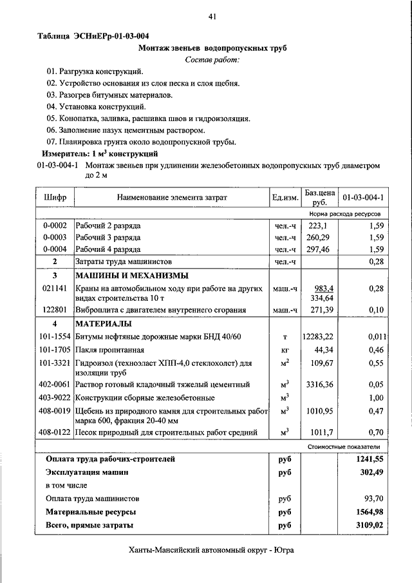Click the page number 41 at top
[212, 17]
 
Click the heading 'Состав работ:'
[212, 60]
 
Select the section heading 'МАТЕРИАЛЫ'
[104, 323]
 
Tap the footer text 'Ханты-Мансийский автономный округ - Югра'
[212, 551]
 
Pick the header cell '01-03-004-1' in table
[363, 197]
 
